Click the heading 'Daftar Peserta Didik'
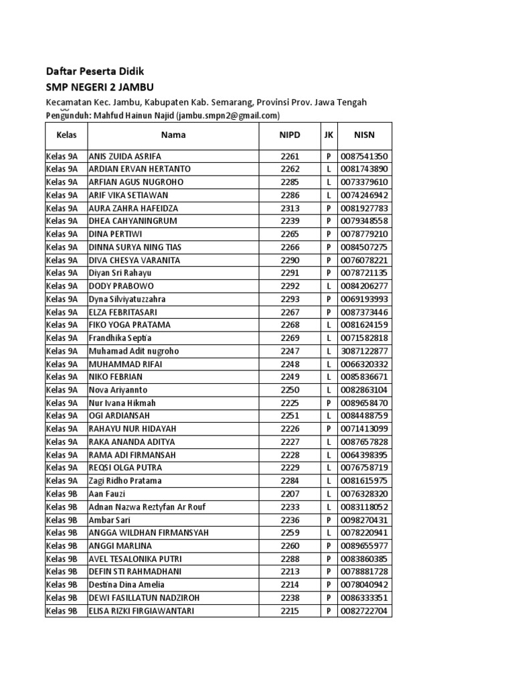[x=94, y=71]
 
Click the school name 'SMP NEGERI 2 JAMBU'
[x=103, y=86]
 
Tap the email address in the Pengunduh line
[x=228, y=115]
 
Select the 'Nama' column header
[x=173, y=135]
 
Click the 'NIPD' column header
[x=290, y=135]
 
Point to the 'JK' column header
[x=329, y=135]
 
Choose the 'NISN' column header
[x=365, y=135]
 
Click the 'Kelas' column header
[x=66, y=135]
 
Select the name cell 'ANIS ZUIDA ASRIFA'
[x=124, y=156]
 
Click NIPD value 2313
[x=290, y=208]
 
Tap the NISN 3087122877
[x=365, y=351]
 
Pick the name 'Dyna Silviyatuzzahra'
[x=127, y=299]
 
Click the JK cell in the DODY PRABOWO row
[x=329, y=286]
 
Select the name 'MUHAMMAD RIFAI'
[x=125, y=364]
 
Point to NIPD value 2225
[x=290, y=403]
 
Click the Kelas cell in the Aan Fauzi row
[x=62, y=494]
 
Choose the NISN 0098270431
[x=365, y=520]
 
